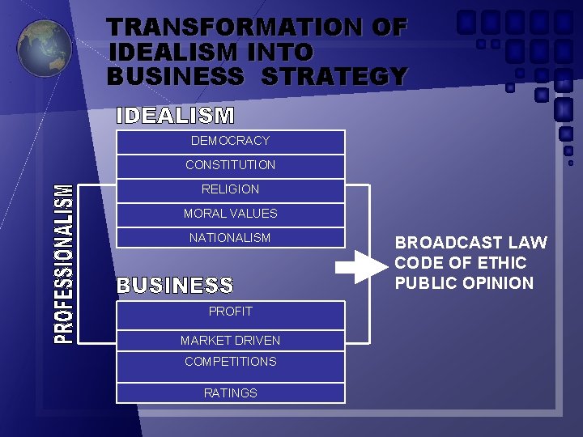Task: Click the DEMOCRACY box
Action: [231, 142]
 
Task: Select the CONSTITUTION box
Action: [231, 166]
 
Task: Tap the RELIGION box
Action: [231, 190]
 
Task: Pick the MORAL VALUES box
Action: [231, 214]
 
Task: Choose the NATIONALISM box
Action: [231, 239]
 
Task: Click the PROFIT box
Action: [231, 312]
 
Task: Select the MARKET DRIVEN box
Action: [231, 341]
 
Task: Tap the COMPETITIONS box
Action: [231, 362]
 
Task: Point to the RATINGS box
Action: [231, 393]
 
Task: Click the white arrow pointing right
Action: [355, 267]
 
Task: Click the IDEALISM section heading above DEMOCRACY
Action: [176, 116]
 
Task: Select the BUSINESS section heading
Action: [176, 286]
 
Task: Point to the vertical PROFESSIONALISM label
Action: [63, 264]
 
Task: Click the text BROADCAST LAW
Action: [470, 243]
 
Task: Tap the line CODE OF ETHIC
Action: [460, 263]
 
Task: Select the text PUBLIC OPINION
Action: [464, 283]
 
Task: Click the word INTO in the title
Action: [277, 52]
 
